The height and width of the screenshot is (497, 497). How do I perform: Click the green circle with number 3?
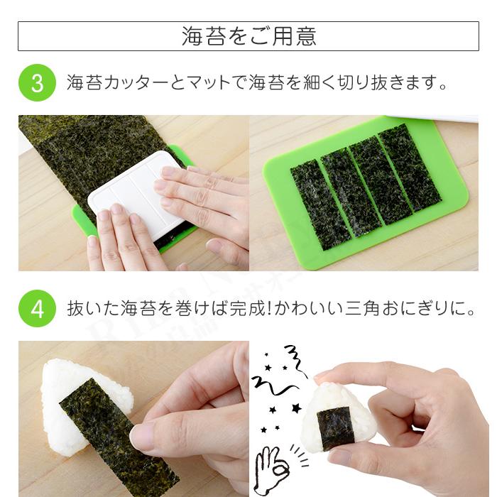point(37,83)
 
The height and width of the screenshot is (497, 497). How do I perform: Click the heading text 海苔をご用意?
point(248,36)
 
